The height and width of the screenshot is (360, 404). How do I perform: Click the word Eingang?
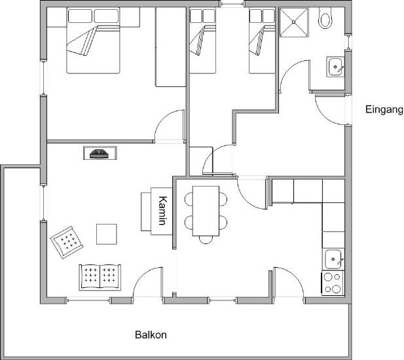[x=384, y=110]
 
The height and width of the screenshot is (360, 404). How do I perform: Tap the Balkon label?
[x=151, y=334]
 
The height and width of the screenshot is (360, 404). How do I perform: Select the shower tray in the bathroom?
[x=294, y=22]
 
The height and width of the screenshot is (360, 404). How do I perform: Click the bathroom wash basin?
[x=335, y=67]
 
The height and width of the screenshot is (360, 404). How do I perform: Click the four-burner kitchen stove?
[x=333, y=283]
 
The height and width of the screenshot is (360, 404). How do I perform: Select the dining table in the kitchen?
[x=206, y=211]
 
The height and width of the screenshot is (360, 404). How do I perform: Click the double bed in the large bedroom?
[x=93, y=41]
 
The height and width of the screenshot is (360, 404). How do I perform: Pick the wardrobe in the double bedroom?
[x=170, y=47]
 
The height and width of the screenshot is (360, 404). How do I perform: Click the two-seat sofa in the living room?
[x=100, y=278]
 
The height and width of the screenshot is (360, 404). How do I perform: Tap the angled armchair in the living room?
[x=67, y=242]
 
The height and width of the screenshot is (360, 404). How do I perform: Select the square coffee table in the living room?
[x=107, y=234]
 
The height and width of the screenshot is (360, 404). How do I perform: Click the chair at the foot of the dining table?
[x=206, y=240]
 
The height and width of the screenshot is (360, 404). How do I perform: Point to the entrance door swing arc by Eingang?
[x=330, y=110]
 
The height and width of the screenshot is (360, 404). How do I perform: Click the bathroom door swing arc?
[x=295, y=75]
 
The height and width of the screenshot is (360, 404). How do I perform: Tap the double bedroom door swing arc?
[x=170, y=125]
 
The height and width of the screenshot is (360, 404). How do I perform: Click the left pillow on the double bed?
[x=80, y=16]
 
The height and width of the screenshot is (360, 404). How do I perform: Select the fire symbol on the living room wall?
[x=99, y=154]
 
